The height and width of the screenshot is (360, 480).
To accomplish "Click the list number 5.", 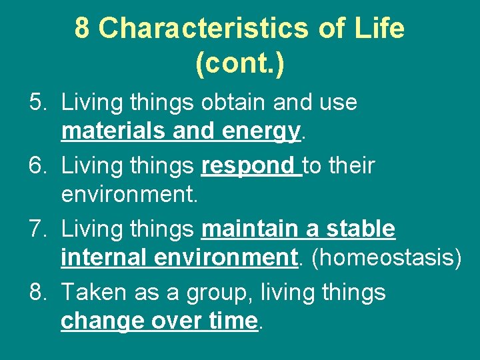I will pos(37,103).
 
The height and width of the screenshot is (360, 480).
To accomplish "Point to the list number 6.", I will pos(37,166).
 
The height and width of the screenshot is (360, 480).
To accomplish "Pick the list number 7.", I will pos(37,229).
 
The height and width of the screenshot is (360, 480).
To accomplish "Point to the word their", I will pos(352,166).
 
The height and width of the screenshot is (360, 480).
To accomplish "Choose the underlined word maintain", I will pos(249,229).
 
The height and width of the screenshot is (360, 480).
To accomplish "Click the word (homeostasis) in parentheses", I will pos(386,259).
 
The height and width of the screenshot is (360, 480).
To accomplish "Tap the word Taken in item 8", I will pos(89,293).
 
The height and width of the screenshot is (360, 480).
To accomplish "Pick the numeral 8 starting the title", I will pos(82,28).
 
